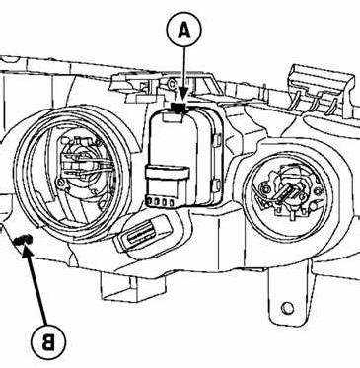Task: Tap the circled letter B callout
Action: [48, 342]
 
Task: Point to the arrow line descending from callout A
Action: [183, 75]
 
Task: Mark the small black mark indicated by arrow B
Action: [22, 241]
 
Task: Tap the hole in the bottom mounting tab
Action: [287, 308]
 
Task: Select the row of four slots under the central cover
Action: [161, 201]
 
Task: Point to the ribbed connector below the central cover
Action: [144, 233]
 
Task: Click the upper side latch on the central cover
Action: [217, 139]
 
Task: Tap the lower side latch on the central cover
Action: [217, 184]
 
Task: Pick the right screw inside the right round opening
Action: [317, 190]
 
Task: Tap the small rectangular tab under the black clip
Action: [174, 117]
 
